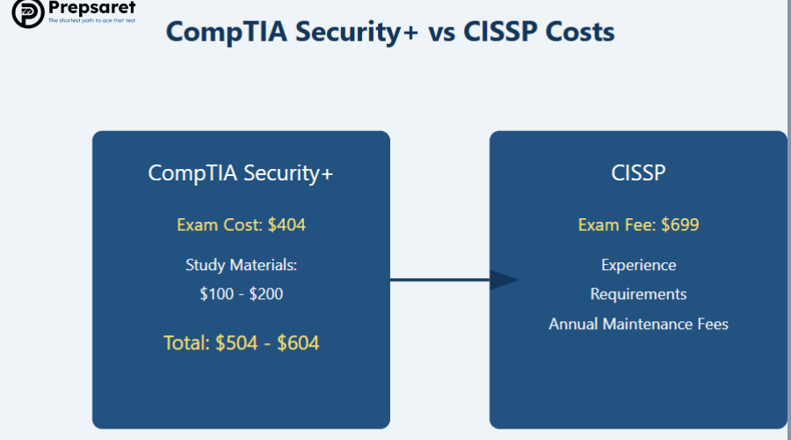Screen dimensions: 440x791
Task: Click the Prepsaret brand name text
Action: coord(91,9)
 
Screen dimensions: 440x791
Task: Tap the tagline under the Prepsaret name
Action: coord(91,20)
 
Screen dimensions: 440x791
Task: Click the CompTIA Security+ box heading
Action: coord(241,172)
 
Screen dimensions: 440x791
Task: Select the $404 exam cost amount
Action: coord(287,225)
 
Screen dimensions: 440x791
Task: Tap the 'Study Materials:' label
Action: coord(241,265)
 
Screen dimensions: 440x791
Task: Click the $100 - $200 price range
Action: coord(241,294)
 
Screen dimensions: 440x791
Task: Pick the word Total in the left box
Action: coord(186,343)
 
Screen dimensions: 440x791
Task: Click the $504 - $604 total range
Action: coord(267,343)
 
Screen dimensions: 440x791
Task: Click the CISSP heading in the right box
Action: coord(638,172)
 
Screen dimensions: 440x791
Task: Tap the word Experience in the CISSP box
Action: coord(638,265)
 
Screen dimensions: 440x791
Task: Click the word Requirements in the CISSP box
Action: coord(638,294)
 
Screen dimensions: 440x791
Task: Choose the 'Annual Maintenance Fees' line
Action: coord(638,324)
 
